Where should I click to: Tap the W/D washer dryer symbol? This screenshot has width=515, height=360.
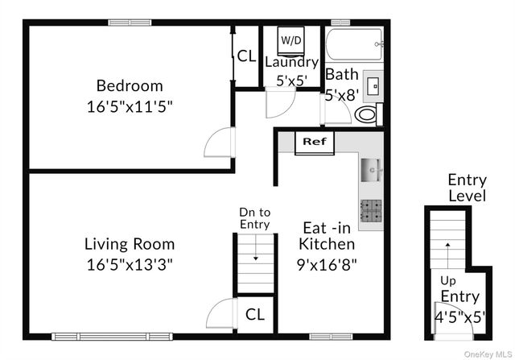(290, 39)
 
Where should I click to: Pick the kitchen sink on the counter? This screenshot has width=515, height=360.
(371, 170)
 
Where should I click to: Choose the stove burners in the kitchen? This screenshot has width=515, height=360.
(370, 211)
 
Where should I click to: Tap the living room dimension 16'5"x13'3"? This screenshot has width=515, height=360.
(129, 263)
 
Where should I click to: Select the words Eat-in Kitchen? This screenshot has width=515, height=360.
(327, 235)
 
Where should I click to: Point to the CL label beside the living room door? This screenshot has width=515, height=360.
(254, 313)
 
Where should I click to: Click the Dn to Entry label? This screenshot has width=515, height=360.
(254, 218)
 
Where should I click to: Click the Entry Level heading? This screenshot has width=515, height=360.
(467, 188)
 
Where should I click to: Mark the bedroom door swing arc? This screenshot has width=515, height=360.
(217, 143)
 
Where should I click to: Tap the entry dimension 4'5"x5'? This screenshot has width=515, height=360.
(460, 317)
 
